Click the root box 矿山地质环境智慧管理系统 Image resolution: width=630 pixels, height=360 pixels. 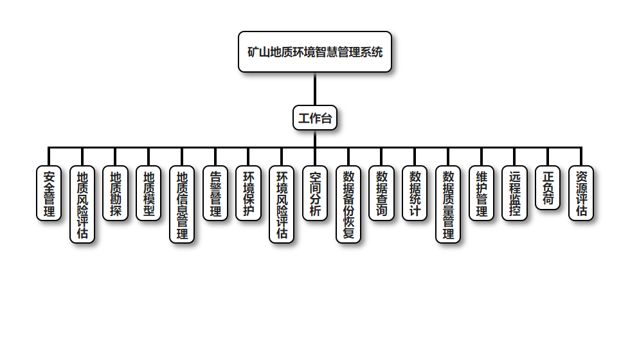(x=315, y=52)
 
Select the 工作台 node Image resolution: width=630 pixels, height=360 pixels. (x=315, y=118)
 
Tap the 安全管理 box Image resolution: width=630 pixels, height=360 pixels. (x=49, y=194)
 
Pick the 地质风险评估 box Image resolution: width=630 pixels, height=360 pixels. (x=82, y=204)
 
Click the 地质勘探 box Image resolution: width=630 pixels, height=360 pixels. (x=116, y=194)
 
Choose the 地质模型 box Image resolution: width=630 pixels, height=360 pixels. (x=148, y=194)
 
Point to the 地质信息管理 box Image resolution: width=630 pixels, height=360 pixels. (x=182, y=204)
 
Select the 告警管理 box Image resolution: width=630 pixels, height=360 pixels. (x=215, y=194)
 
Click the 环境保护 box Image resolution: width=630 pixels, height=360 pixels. (x=248, y=194)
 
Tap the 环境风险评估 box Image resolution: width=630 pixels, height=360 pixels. (x=282, y=204)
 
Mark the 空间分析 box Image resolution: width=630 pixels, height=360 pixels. (x=315, y=194)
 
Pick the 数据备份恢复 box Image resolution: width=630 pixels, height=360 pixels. (x=348, y=204)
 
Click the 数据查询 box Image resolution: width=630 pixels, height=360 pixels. (x=382, y=194)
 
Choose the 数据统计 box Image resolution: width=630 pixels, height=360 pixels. (x=415, y=194)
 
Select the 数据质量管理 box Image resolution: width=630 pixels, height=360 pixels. (x=448, y=204)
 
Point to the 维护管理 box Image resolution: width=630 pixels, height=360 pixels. (x=482, y=194)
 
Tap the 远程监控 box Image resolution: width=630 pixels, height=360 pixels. (x=514, y=194)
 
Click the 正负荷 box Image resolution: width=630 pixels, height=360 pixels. (x=548, y=188)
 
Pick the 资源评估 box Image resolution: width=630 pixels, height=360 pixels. (x=581, y=194)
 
